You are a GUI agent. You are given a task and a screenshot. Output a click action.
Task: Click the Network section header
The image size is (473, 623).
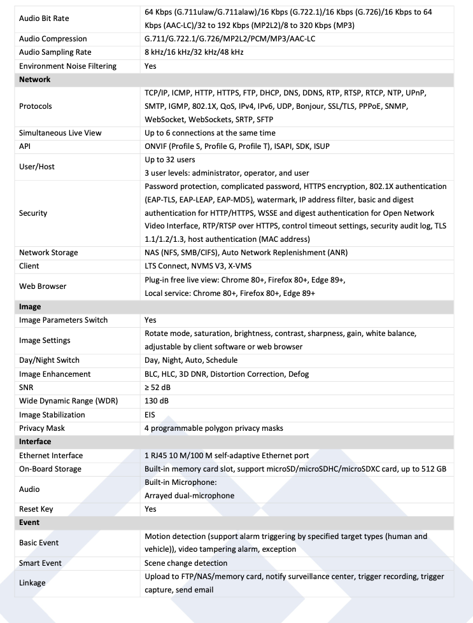[x=35, y=80]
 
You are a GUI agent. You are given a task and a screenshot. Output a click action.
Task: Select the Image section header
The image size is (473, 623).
[x=30, y=307]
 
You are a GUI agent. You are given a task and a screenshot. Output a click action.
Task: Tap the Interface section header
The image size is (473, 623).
[x=35, y=441]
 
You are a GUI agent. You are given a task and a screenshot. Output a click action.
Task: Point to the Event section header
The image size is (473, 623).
[x=29, y=522]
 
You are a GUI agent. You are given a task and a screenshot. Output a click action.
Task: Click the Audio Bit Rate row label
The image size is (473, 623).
[x=44, y=18]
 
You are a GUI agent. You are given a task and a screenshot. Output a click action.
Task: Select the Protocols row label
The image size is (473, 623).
[x=36, y=106]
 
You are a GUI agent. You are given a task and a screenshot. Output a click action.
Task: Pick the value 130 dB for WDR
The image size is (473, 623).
[x=157, y=401]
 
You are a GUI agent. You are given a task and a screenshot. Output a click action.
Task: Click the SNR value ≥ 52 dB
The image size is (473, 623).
[x=157, y=388]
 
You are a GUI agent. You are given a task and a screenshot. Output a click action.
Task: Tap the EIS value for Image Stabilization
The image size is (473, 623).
[x=150, y=414]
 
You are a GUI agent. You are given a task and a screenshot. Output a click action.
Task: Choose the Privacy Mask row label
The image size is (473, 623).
[x=42, y=428]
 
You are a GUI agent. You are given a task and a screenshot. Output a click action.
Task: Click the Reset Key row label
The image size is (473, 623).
[x=36, y=509]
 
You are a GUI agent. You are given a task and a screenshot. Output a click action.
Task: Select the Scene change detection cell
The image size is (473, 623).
[x=186, y=563]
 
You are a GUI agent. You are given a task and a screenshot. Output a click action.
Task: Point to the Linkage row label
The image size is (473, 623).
[x=32, y=583]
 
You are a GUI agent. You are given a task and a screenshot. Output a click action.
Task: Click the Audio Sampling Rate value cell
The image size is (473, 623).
[x=194, y=52]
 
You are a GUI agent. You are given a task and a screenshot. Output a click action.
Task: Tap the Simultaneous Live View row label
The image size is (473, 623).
[x=60, y=133]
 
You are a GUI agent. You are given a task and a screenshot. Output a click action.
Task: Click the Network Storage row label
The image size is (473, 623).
[x=48, y=253]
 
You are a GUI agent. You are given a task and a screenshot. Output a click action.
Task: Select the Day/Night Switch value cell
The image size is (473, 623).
[x=191, y=360]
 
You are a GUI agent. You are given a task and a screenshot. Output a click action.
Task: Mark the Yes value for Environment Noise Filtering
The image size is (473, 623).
[x=150, y=66]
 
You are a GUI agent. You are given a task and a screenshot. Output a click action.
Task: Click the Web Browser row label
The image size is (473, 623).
[x=43, y=286]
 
